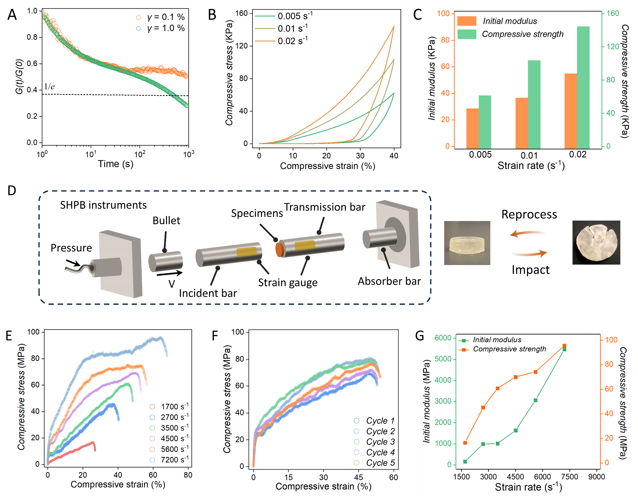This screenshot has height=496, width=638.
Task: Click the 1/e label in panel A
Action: pos(49,87)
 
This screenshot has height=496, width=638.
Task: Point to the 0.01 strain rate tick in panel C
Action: pos(529,155)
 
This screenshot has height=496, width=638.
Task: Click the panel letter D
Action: pos(12,191)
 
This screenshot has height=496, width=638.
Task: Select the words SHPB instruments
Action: pos(103,205)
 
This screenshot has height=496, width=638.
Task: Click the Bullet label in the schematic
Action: pos(166,221)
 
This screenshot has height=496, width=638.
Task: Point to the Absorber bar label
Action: pos(389,281)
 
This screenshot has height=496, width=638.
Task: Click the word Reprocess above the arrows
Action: pos(529,215)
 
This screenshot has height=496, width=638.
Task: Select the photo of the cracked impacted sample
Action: pos(596,243)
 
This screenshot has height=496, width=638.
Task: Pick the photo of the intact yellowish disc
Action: pos(467,243)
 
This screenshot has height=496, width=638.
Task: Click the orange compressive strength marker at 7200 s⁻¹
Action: pos(564,346)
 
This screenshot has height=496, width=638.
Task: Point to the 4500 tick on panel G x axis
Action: pos(515,477)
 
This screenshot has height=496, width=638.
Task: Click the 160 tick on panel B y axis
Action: pos(241,13)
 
